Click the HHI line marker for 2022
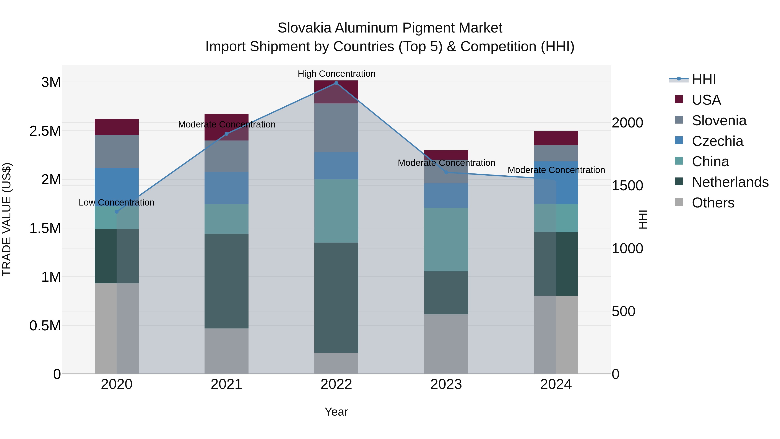tap(336, 83)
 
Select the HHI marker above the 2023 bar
tap(446, 172)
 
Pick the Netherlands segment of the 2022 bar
tap(336, 297)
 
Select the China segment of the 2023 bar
tap(446, 239)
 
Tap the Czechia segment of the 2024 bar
tap(556, 183)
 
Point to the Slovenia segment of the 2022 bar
tap(336, 127)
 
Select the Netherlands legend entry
tap(730, 182)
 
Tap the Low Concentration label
tap(117, 202)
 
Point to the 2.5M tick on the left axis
tap(45, 131)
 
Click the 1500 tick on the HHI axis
tap(627, 186)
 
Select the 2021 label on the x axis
tap(226, 384)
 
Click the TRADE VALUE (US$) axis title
tap(7, 219)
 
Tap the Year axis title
tap(336, 412)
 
